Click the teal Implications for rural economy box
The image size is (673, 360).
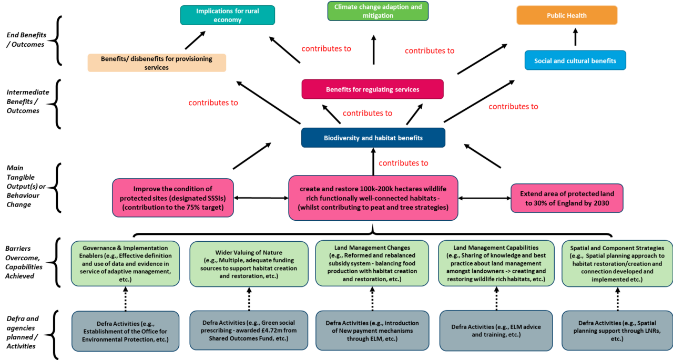[x=227, y=15]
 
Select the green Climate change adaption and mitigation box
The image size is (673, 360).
[x=378, y=11]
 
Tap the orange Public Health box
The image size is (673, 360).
[x=566, y=15]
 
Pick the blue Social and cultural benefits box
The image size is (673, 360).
[x=575, y=60]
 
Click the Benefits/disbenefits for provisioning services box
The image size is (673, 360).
[x=157, y=63]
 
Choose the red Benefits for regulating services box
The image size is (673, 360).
[x=372, y=89]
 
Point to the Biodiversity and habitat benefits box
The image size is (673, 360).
[x=373, y=138]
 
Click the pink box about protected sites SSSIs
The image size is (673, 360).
[x=172, y=198]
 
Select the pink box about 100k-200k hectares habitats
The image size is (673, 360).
[x=373, y=198]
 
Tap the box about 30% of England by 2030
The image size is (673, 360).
[x=567, y=198]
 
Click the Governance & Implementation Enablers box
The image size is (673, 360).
[x=125, y=263]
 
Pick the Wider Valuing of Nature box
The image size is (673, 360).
[x=249, y=264]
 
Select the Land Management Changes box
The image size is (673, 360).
[x=372, y=263]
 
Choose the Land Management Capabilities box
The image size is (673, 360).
[x=496, y=263]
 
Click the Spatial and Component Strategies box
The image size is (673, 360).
[x=617, y=263]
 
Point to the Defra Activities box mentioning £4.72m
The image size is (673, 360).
[x=249, y=330]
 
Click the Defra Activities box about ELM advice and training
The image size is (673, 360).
[x=496, y=331]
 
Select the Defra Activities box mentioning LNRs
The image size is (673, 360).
[x=617, y=331]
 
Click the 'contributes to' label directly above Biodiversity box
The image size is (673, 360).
[x=367, y=114]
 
